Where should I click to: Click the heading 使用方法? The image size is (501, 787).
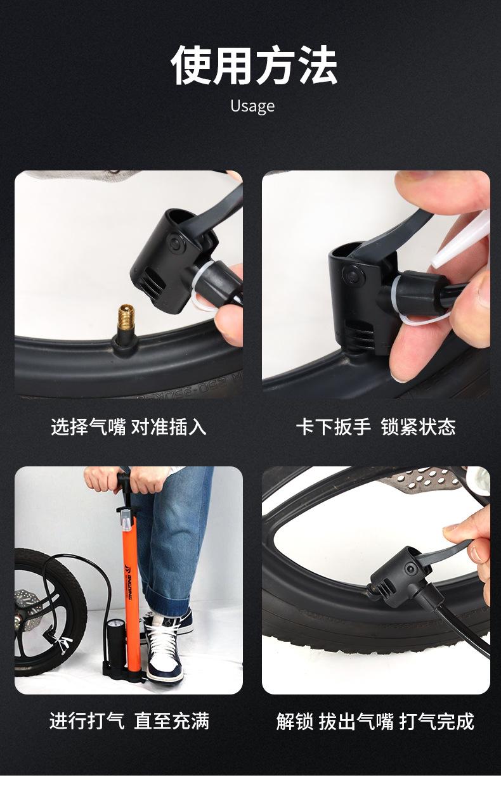click(x=254, y=65)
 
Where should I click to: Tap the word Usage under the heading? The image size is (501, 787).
click(x=252, y=106)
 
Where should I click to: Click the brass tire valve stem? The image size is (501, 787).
click(x=126, y=317)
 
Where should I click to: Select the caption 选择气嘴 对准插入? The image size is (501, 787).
click(x=128, y=427)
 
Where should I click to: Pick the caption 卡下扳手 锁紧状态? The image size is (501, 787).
click(x=375, y=427)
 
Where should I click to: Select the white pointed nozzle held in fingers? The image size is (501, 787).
click(x=461, y=240)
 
